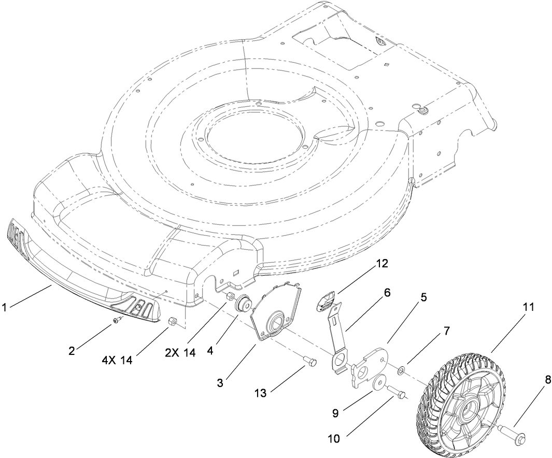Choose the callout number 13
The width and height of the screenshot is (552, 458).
(260, 394)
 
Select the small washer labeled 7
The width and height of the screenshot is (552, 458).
(401, 370)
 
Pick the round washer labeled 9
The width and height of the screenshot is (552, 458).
(379, 382)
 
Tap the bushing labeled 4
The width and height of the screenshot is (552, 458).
(242, 304)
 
